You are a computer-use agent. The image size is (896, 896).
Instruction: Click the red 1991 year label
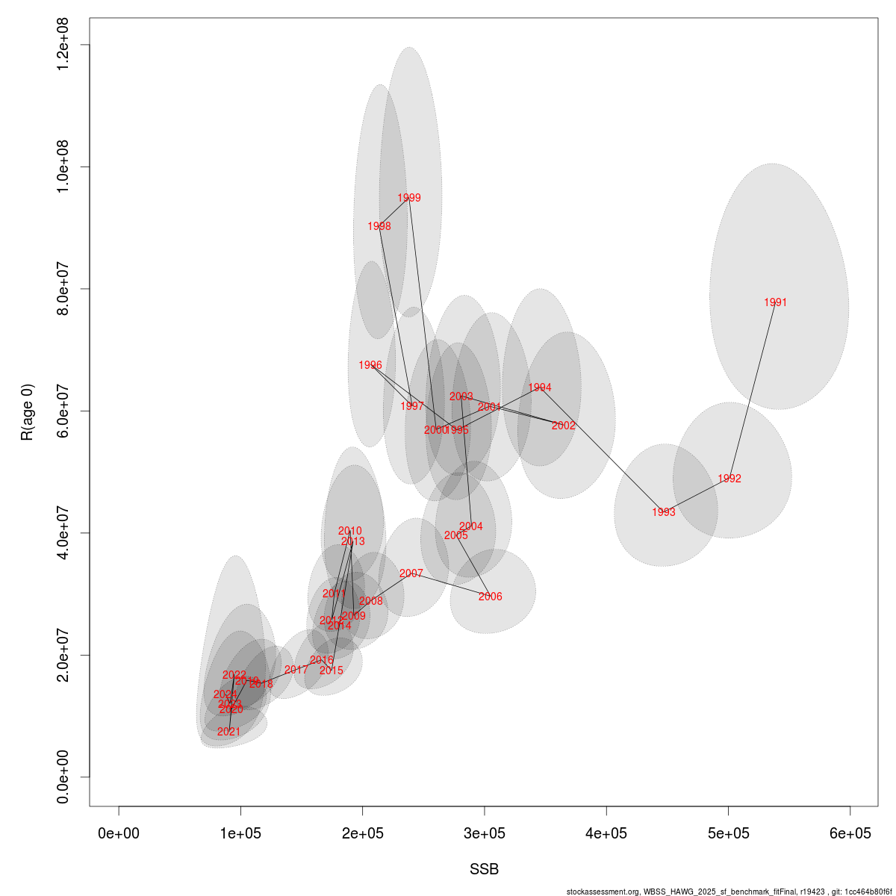776,302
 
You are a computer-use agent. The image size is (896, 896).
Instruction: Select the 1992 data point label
729,479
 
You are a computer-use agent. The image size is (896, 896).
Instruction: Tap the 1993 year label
664,512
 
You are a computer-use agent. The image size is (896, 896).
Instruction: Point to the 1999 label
409,198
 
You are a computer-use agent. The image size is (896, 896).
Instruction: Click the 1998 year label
379,226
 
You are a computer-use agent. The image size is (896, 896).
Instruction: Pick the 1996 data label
370,365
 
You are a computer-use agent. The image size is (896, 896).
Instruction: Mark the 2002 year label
564,426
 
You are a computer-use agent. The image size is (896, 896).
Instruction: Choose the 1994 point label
540,388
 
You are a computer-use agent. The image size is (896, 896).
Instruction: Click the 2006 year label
491,597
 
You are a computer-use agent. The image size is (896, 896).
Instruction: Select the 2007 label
411,573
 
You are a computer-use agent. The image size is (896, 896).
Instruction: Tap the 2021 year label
229,732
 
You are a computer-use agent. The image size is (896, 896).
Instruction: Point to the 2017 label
296,670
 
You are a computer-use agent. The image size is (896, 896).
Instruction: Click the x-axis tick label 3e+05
485,833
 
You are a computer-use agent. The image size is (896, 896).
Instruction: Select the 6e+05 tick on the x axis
850,833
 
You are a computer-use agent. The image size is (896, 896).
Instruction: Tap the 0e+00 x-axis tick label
119,833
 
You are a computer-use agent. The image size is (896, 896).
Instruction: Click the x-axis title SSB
484,870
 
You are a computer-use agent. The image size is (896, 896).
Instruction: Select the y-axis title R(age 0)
28,411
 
